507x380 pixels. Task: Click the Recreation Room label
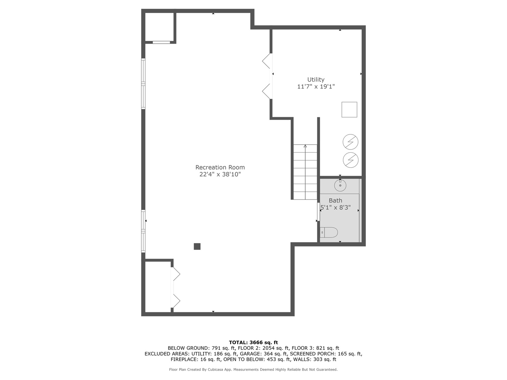click(x=220, y=167)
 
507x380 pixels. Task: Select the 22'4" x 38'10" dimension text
click(x=220, y=174)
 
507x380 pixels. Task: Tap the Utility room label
click(x=316, y=80)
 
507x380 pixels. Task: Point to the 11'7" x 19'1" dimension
click(x=316, y=87)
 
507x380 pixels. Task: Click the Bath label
click(x=335, y=201)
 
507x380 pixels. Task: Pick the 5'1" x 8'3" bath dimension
click(x=336, y=208)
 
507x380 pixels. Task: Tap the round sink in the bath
click(x=340, y=185)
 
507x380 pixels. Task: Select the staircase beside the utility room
click(x=305, y=172)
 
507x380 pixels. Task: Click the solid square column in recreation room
click(x=197, y=247)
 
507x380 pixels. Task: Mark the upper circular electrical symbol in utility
click(x=350, y=142)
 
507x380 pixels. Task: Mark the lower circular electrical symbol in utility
click(x=350, y=160)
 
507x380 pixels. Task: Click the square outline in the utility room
click(x=349, y=109)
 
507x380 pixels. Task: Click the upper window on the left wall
click(x=143, y=83)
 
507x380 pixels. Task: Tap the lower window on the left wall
click(x=143, y=231)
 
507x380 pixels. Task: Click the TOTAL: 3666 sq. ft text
click(x=253, y=342)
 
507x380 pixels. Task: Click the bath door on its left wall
click(x=319, y=212)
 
